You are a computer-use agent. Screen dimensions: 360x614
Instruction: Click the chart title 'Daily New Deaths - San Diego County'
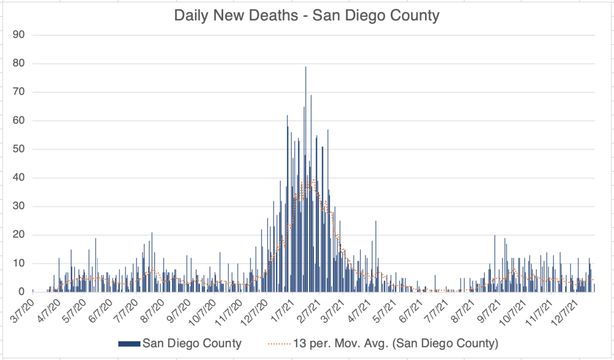click(x=307, y=15)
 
